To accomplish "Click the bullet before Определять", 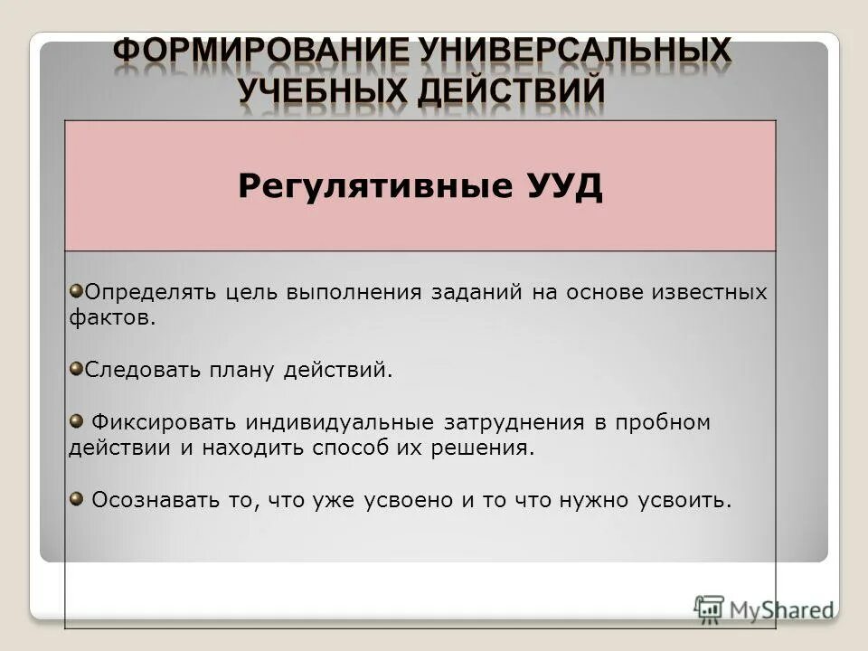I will coord(76,289).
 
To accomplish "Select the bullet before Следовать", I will coord(76,366).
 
